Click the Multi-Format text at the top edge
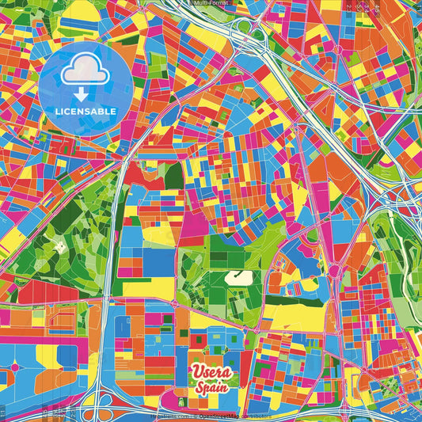[211, 3]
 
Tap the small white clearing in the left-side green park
[62, 245]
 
